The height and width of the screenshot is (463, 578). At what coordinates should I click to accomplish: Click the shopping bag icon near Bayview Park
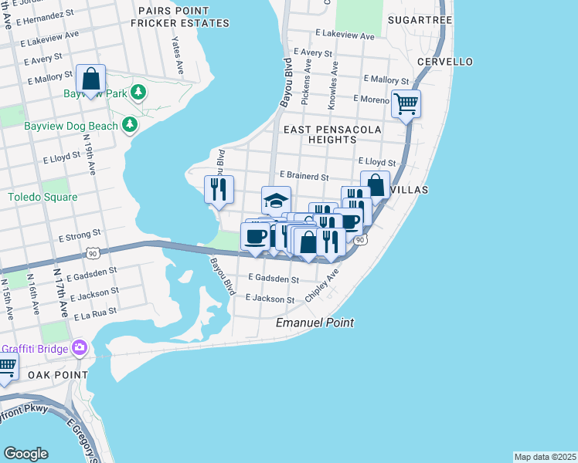point(91,79)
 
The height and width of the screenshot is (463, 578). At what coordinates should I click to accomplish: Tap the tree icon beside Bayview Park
point(138,93)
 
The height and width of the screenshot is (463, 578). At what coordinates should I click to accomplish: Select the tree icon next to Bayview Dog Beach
point(130,125)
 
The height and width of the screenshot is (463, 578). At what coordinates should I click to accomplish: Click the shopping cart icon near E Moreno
point(406,102)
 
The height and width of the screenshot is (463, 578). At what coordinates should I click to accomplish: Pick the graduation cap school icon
point(276,201)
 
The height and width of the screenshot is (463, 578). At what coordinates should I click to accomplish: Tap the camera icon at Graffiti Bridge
point(78,348)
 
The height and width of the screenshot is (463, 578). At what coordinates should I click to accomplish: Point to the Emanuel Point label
point(315,323)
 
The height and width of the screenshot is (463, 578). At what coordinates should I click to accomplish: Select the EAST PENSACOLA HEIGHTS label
point(331,135)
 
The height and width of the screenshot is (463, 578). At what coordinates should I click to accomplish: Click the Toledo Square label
point(42,198)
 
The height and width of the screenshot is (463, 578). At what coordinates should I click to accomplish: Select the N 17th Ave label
point(60,294)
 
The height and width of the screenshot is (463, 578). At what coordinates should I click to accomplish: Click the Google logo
point(25,454)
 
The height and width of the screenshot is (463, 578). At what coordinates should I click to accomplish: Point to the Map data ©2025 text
point(545,457)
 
